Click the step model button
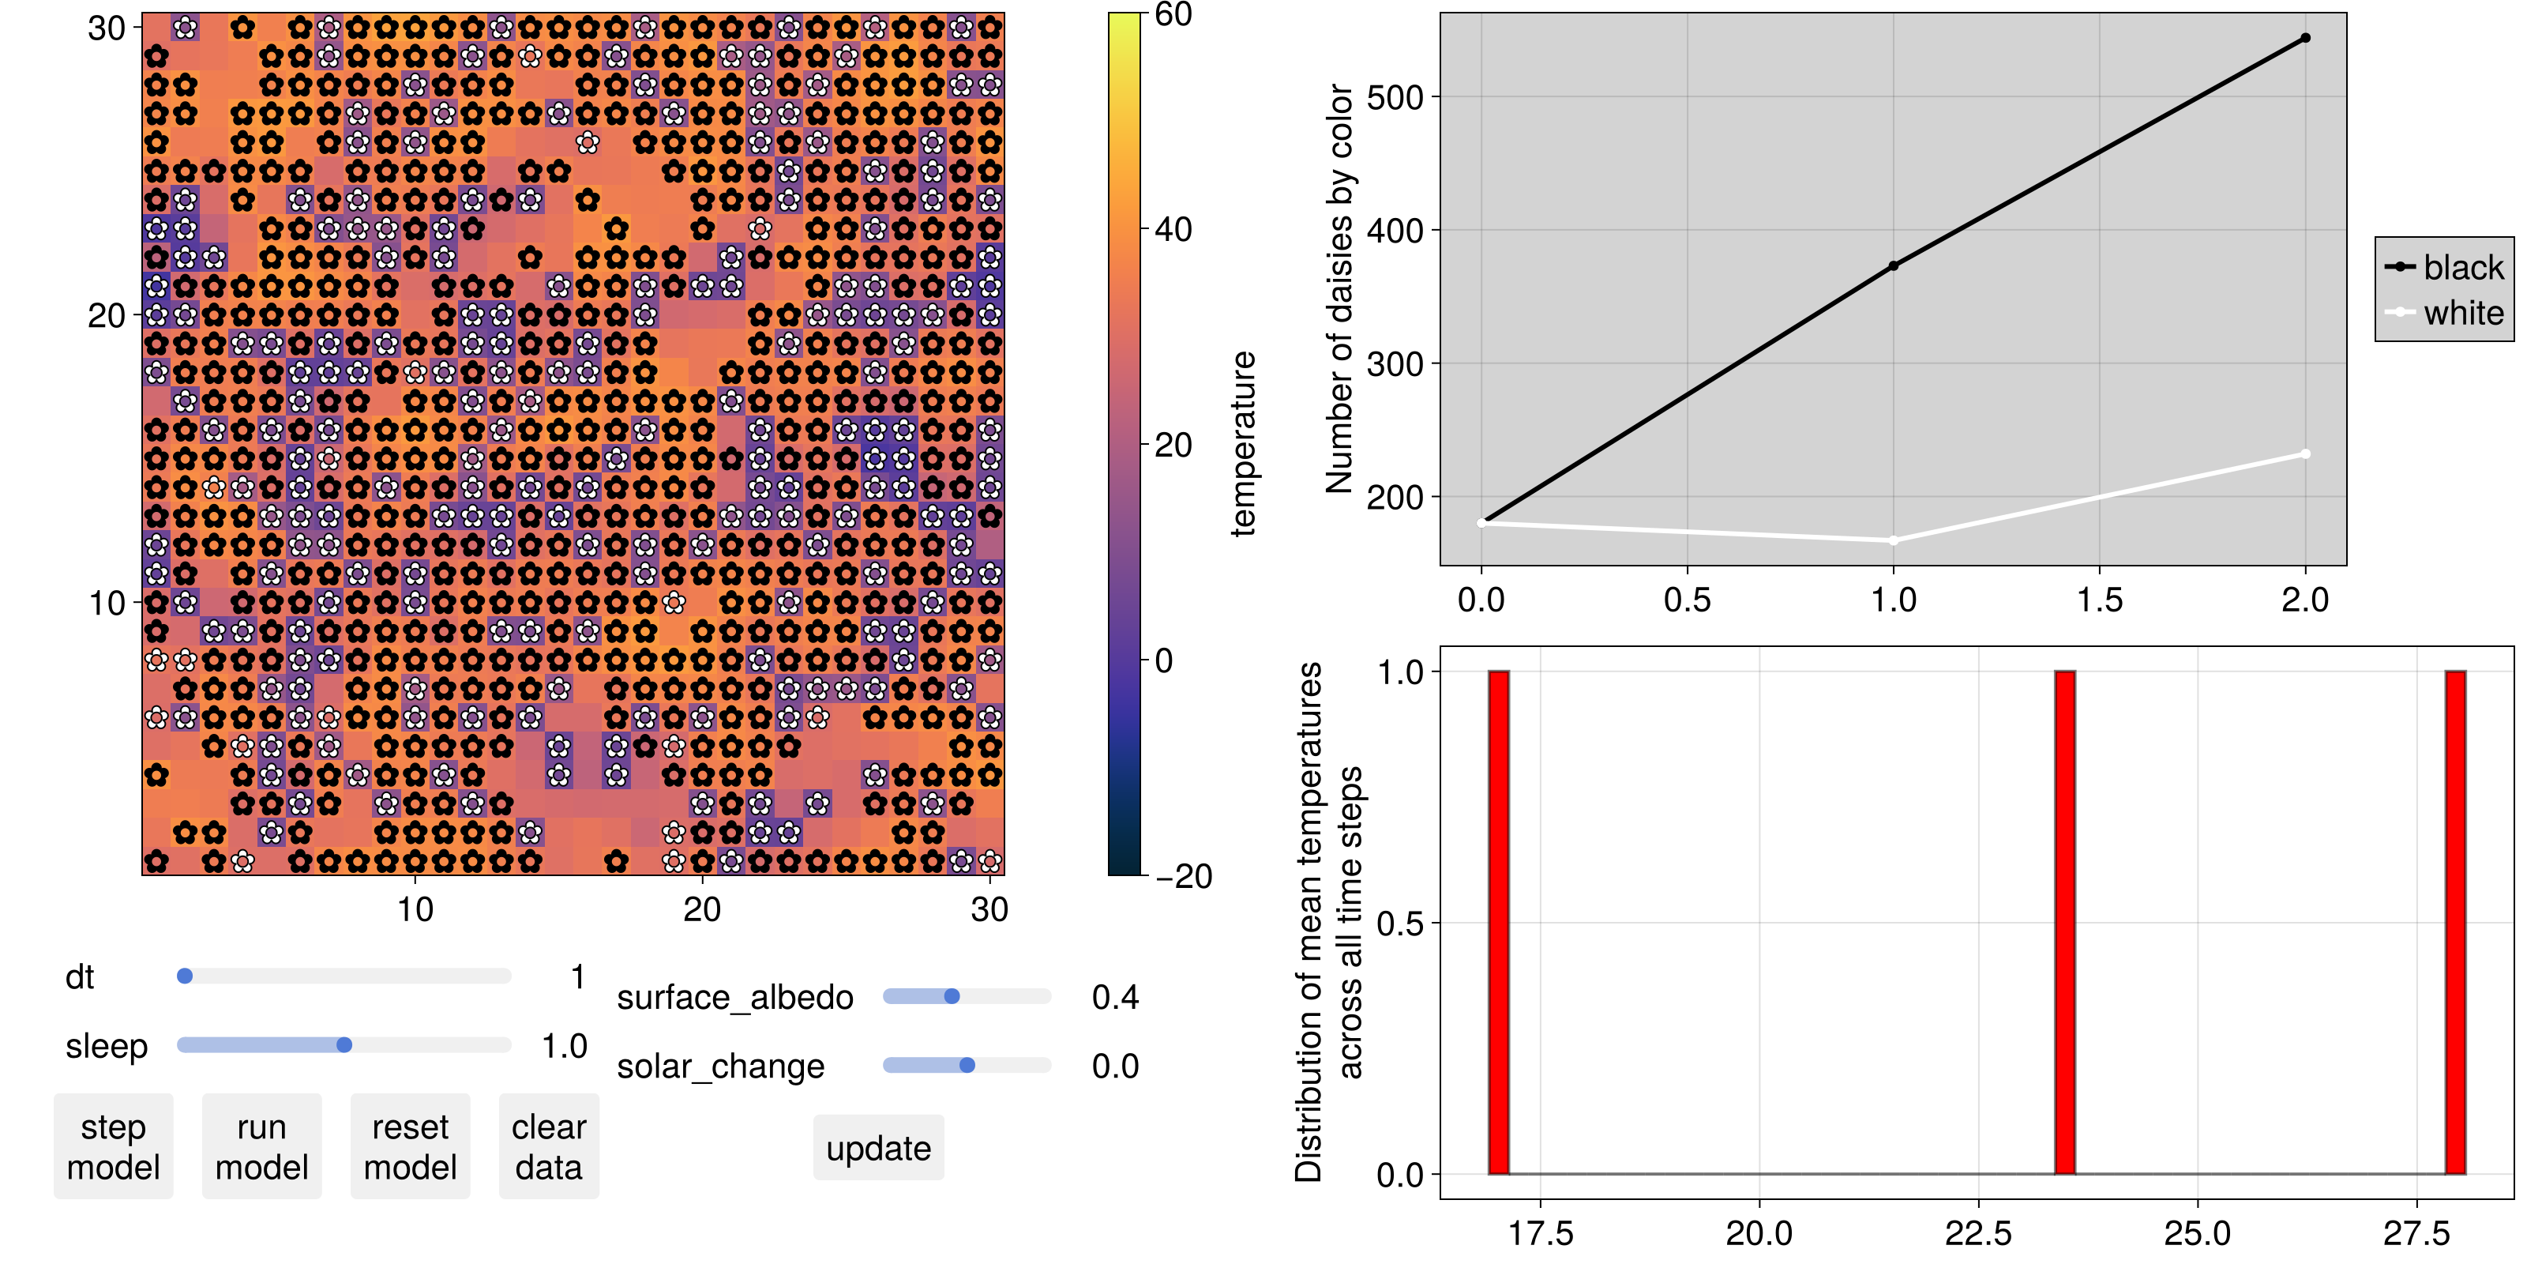click(114, 1146)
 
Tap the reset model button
click(410, 1146)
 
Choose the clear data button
click(548, 1146)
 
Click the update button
click(878, 1147)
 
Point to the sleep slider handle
click(344, 1044)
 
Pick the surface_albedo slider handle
click(952, 996)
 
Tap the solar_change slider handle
click(967, 1065)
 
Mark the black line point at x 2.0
click(2305, 38)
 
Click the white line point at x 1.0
click(1894, 540)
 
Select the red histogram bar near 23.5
click(2065, 923)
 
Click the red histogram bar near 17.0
click(1499, 923)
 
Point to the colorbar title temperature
click(1243, 443)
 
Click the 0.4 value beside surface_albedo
click(1115, 997)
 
